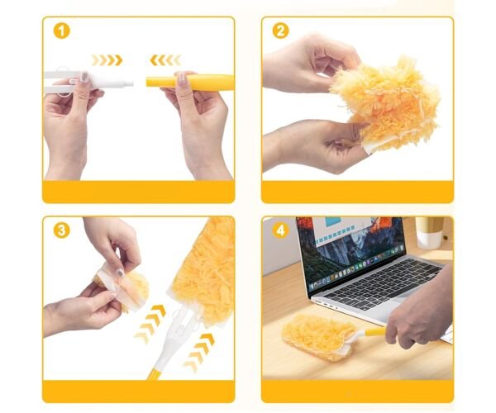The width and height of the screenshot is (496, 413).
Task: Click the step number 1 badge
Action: coord(61,31)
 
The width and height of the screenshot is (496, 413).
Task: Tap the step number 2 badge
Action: coord(280,31)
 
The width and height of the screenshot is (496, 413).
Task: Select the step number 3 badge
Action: coord(61,230)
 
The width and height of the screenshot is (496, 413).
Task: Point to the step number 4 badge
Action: coord(280,230)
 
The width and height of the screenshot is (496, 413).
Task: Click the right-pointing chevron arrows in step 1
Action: coord(107,60)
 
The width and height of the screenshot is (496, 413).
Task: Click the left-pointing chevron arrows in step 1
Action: coord(165,60)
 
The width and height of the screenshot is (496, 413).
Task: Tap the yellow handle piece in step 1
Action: coord(190,82)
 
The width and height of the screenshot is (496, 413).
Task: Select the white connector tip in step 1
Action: coord(128,84)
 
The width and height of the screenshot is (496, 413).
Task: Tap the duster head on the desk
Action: coord(318,337)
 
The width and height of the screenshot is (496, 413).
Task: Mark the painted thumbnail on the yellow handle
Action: coord(182,78)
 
